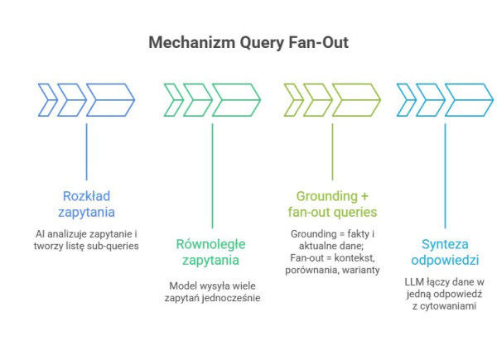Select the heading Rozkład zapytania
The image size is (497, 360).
click(x=86, y=204)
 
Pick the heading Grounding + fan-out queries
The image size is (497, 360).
click(x=331, y=204)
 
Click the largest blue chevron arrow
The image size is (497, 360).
click(x=109, y=99)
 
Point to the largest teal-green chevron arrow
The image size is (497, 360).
click(x=235, y=99)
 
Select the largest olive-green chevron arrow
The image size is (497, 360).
click(x=355, y=99)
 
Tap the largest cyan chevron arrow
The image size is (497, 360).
click(x=470, y=99)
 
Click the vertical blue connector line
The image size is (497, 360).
click(x=87, y=153)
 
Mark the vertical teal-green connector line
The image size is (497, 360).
click(x=212, y=174)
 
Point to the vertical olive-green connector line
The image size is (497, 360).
click(x=332, y=153)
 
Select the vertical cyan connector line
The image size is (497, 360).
click(x=446, y=174)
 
